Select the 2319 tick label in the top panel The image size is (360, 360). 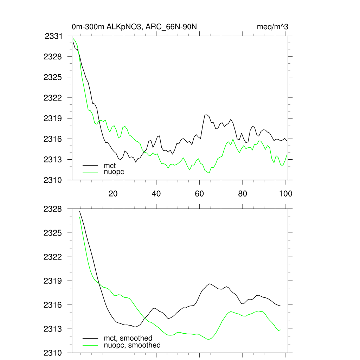pyautogui.click(x=53, y=118)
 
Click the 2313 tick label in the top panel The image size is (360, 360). pyautogui.click(x=53, y=159)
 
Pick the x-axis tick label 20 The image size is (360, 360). pyautogui.click(x=113, y=193)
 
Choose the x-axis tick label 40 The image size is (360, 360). pyautogui.click(x=156, y=193)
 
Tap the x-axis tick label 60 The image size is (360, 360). pyautogui.click(x=199, y=193)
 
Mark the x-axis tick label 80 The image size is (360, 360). pyautogui.click(x=243, y=193)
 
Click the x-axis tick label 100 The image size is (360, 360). pyautogui.click(x=285, y=193)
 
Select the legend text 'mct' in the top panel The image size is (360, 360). pyautogui.click(x=110, y=166)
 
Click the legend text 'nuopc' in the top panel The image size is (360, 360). pyautogui.click(x=114, y=172)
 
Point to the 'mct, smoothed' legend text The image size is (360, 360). pyautogui.click(x=128, y=339)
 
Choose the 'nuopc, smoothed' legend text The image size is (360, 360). pyautogui.click(x=132, y=345)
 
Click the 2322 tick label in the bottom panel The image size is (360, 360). pyautogui.click(x=53, y=257)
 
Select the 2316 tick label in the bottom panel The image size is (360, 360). pyautogui.click(x=53, y=305)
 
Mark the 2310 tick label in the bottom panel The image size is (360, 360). pyautogui.click(x=53, y=353)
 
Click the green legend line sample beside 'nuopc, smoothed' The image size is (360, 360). pyautogui.click(x=90, y=345)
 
